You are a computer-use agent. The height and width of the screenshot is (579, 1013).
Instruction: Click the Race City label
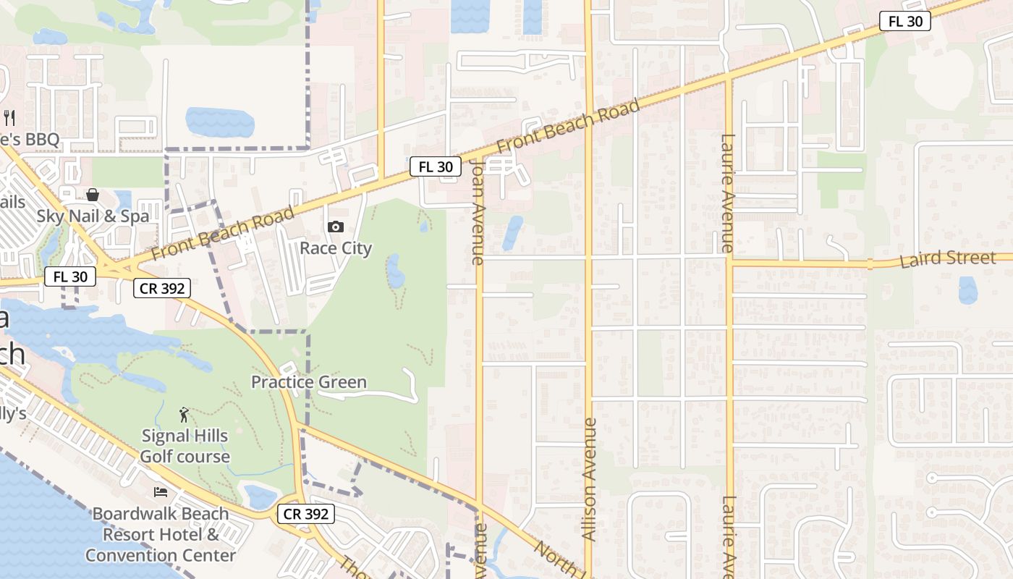[336, 248]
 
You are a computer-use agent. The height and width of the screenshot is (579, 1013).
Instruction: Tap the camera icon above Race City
[336, 227]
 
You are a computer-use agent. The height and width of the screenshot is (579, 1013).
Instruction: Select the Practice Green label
[309, 382]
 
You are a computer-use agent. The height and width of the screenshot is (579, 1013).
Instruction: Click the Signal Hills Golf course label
[185, 446]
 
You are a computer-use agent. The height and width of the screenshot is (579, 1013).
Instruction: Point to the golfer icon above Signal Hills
[185, 415]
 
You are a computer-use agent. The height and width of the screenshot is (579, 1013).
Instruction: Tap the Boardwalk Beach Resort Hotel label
[160, 535]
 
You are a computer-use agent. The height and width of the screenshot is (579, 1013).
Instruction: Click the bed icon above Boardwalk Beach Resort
[161, 492]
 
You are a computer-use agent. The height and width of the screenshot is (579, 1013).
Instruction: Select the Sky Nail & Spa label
[93, 216]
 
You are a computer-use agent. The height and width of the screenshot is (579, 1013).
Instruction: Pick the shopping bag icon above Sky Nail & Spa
[93, 195]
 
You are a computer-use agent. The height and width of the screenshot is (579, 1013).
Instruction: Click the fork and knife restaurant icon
[10, 117]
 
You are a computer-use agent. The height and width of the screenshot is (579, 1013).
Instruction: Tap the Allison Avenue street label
[589, 478]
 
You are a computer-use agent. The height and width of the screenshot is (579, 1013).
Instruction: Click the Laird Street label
[947, 258]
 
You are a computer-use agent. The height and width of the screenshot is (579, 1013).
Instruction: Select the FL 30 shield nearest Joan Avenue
[436, 166]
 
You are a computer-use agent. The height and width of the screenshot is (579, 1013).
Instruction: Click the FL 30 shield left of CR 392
[70, 276]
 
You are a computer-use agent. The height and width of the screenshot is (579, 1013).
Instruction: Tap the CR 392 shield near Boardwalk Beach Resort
[306, 515]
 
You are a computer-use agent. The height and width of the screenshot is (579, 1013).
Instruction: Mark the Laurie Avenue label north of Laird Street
[728, 193]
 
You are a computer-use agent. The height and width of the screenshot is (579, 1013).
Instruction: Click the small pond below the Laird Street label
[967, 289]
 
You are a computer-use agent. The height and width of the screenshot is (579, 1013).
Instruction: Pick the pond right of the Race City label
[396, 271]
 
